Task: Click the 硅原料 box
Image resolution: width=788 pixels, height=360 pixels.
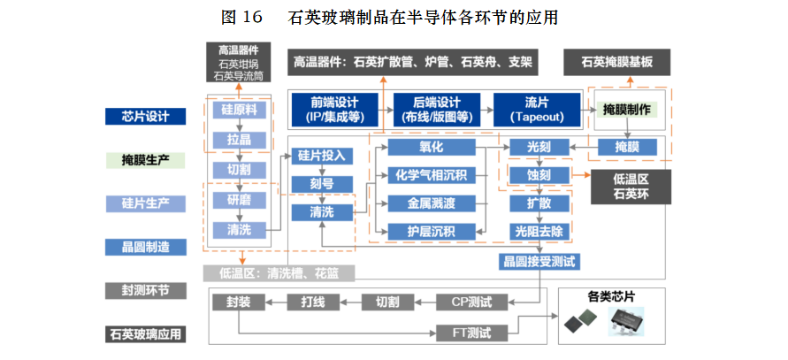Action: (239, 111)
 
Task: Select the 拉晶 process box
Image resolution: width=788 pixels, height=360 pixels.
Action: (239, 140)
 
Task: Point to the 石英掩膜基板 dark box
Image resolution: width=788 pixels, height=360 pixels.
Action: (617, 62)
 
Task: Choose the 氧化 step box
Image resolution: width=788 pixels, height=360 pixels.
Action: (431, 147)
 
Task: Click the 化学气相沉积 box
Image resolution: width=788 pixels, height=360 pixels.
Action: (431, 175)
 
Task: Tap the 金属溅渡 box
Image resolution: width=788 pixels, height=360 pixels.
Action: (431, 203)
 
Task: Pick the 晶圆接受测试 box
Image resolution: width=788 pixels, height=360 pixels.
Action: (539, 261)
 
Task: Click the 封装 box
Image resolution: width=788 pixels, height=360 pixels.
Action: (238, 302)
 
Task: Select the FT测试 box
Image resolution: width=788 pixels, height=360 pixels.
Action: (477, 333)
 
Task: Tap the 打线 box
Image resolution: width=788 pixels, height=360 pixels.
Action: (312, 302)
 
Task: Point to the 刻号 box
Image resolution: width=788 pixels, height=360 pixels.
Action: (321, 184)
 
